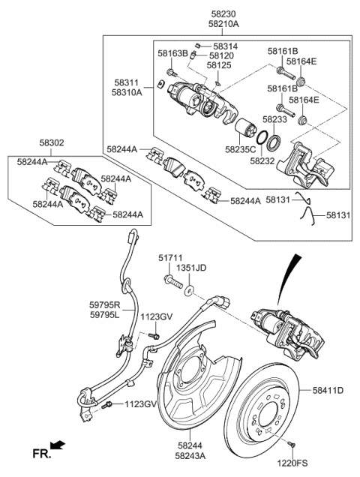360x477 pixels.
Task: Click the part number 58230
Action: (226, 15)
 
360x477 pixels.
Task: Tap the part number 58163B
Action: (172, 54)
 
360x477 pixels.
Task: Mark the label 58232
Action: (262, 160)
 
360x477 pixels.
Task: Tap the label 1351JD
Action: (191, 268)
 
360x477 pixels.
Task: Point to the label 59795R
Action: (105, 305)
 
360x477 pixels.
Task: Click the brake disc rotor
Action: (270, 405)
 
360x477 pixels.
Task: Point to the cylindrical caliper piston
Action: (244, 136)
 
